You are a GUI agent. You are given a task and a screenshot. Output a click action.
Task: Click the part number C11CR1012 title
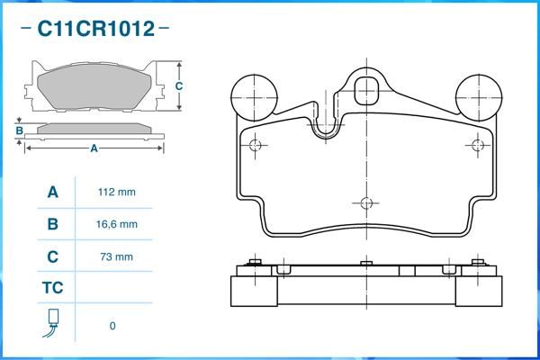[96, 28]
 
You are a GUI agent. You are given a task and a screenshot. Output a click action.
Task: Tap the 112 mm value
[117, 192]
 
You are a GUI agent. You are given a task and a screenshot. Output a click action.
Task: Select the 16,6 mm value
[117, 224]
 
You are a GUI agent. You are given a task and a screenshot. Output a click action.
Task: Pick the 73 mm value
[117, 256]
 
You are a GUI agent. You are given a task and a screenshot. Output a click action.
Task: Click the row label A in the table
[53, 193]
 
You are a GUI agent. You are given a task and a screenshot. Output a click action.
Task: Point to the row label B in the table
[53, 224]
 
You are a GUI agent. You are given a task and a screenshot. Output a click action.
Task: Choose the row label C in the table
[53, 256]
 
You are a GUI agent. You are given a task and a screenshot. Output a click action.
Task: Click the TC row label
[53, 288]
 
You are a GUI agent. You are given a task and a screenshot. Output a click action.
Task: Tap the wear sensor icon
[51, 323]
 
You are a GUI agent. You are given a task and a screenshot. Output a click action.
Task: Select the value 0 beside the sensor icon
[112, 326]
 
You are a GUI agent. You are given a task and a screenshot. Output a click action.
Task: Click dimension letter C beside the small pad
[179, 85]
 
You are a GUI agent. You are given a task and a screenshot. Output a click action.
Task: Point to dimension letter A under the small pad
[94, 148]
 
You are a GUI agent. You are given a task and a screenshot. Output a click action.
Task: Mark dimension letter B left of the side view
[20, 130]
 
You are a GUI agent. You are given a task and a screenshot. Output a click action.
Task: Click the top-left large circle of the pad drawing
[254, 97]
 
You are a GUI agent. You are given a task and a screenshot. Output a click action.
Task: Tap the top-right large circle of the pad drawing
[479, 97]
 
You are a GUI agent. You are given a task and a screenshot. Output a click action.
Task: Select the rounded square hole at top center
[366, 91]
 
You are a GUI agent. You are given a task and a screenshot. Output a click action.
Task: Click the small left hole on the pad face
[255, 146]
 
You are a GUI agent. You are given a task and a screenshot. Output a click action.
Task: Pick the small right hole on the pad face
[478, 146]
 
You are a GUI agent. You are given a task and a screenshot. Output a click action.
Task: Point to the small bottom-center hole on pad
[366, 203]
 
